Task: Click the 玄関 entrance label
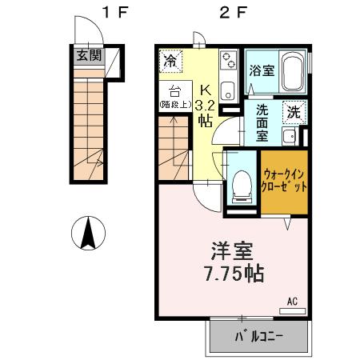click(x=89, y=55)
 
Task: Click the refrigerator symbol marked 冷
click(x=170, y=59)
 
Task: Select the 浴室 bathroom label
click(x=261, y=70)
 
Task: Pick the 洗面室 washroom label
click(x=262, y=121)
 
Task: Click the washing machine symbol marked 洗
click(x=294, y=113)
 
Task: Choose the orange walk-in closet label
click(x=285, y=180)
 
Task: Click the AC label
click(x=292, y=302)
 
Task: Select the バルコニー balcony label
click(x=259, y=335)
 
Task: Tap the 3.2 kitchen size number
click(x=204, y=103)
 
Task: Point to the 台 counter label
click(x=174, y=90)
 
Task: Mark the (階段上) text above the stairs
click(x=174, y=104)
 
